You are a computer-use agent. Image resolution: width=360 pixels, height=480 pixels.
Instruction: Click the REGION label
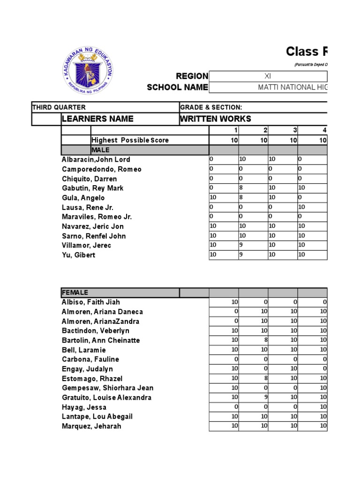tap(192, 76)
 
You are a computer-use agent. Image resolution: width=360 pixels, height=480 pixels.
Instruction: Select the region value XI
tap(268, 76)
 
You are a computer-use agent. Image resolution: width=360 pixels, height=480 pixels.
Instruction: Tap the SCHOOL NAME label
tap(177, 87)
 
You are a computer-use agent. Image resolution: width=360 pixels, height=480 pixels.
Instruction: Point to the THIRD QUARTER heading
tap(59, 107)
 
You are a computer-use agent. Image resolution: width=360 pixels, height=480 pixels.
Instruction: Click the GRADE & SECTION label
tap(211, 107)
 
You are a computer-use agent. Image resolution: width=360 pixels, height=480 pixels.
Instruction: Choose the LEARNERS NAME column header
tap(97, 119)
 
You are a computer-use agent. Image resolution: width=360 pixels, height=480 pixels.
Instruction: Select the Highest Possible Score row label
tap(130, 140)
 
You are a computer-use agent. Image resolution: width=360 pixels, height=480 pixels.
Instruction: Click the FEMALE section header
tap(75, 292)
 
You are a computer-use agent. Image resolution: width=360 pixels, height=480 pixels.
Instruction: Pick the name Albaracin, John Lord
tap(96, 160)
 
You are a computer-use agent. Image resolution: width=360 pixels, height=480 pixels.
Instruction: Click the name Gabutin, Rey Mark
tap(93, 188)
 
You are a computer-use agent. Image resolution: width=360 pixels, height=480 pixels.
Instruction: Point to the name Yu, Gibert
tap(78, 255)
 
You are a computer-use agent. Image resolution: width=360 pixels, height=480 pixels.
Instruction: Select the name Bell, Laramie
tap(84, 350)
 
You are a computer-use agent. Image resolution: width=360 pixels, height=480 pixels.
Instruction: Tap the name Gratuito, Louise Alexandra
tap(106, 397)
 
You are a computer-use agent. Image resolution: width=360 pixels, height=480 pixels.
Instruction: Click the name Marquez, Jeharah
tap(91, 426)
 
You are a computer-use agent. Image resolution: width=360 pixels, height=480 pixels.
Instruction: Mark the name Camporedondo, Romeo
tap(101, 169)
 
